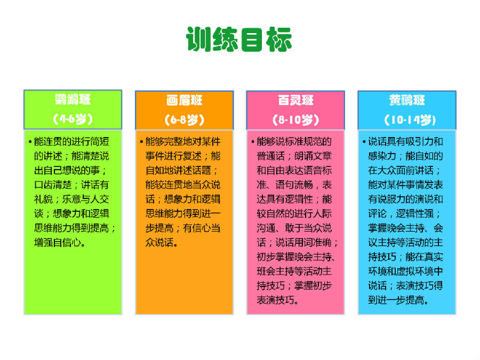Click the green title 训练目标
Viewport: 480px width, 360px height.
click(239, 39)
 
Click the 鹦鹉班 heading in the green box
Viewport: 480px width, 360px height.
click(73, 100)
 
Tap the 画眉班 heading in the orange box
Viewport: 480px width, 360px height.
click(185, 100)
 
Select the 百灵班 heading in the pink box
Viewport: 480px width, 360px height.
click(295, 100)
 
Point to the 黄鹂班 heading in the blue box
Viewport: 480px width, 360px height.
click(407, 100)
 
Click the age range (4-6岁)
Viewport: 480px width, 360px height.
click(73, 119)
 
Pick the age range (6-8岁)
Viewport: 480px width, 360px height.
click(185, 119)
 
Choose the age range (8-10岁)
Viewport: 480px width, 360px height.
click(295, 119)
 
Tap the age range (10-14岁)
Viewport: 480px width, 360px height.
click(410, 119)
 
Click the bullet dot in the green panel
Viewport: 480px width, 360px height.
click(30, 142)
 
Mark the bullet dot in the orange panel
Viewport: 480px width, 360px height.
click(141, 142)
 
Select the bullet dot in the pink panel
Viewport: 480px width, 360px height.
click(253, 142)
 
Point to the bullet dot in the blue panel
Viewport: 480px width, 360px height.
click(364, 142)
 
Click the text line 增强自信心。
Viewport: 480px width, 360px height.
click(60, 243)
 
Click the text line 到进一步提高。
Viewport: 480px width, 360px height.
click(398, 300)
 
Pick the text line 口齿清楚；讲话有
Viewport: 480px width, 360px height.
click(71, 185)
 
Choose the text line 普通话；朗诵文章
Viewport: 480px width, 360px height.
click(294, 156)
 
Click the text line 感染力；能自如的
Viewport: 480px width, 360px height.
click(406, 156)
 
